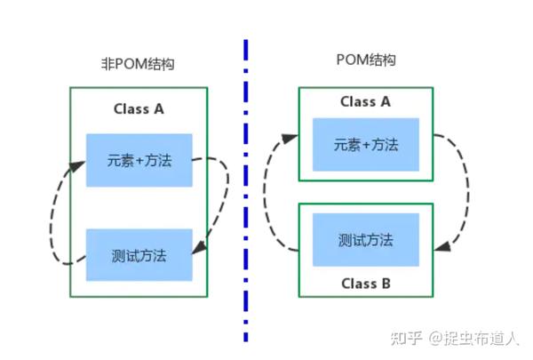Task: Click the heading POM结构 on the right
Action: pyautogui.click(x=366, y=60)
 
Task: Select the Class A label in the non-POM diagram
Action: pyautogui.click(x=139, y=109)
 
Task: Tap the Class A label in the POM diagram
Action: pyautogui.click(x=365, y=101)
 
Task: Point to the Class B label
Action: pyautogui.click(x=365, y=284)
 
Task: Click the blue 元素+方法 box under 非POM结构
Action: pyautogui.click(x=139, y=161)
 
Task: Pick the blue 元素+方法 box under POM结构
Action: pyautogui.click(x=365, y=144)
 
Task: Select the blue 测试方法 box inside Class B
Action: pyautogui.click(x=365, y=240)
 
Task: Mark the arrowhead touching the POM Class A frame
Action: pyautogui.click(x=290, y=138)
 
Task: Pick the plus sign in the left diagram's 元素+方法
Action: pyautogui.click(x=139, y=161)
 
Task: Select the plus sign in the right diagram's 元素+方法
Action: pyautogui.click(x=366, y=144)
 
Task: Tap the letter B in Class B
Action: pyautogui.click(x=384, y=284)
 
